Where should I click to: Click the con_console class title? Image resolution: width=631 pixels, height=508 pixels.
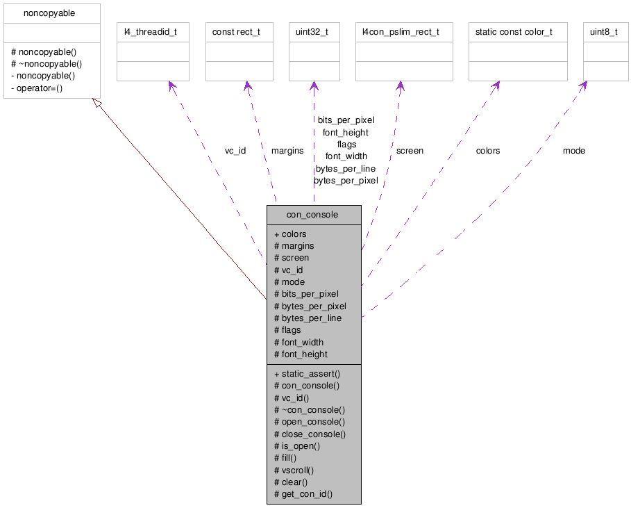[312, 215]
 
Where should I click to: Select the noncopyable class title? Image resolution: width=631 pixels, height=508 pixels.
[49, 13]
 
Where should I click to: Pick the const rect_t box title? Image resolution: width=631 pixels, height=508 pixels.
[237, 32]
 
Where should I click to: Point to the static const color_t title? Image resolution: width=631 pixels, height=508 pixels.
[514, 32]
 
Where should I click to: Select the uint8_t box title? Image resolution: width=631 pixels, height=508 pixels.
[604, 32]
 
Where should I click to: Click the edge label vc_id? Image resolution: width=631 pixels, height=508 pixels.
[235, 151]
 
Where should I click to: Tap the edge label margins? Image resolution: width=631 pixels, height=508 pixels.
[287, 151]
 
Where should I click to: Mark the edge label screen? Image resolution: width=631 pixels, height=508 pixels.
[410, 151]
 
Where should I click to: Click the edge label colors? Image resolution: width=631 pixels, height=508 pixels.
[488, 151]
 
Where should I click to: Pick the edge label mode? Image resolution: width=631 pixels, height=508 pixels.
[574, 151]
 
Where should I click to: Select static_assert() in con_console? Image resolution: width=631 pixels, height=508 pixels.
[310, 373]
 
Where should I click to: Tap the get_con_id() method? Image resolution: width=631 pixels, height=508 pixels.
[307, 494]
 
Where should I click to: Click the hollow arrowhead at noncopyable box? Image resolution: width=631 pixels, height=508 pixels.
[98, 104]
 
